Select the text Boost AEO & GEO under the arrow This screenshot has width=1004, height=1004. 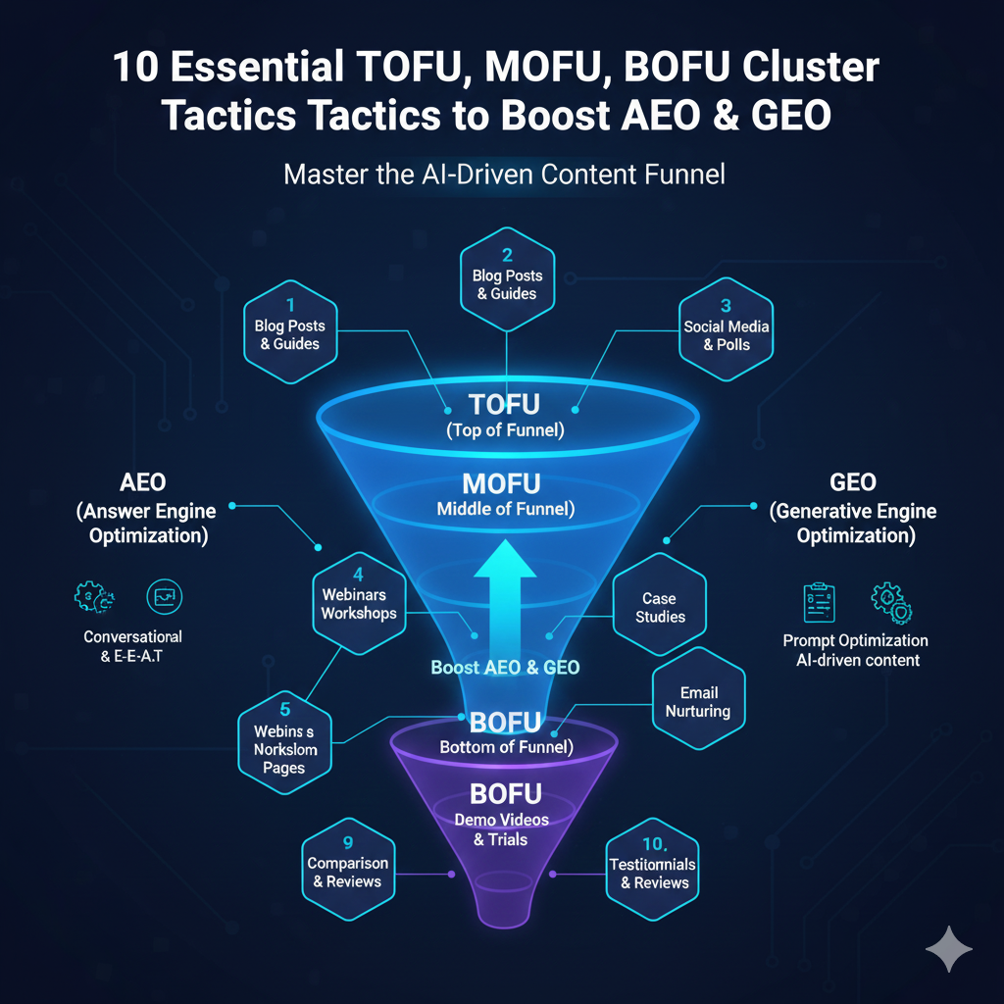(505, 668)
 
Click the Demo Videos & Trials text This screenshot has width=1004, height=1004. (501, 828)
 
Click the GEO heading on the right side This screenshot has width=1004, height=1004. (852, 482)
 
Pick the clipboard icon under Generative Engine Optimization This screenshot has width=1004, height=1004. (819, 602)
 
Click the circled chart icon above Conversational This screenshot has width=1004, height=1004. (163, 597)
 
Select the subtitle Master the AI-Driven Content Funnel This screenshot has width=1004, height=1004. (504, 176)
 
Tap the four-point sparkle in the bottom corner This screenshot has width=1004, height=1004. (948, 949)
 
